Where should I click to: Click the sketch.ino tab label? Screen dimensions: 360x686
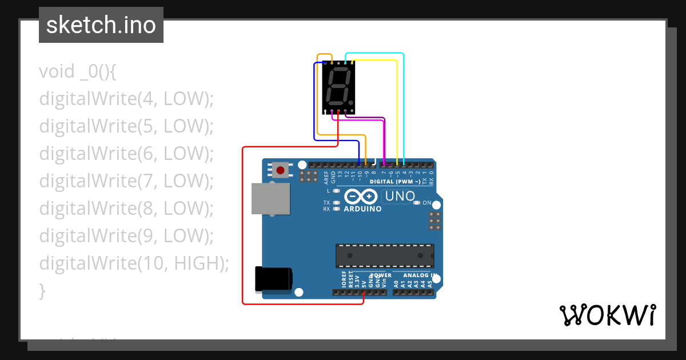(101, 25)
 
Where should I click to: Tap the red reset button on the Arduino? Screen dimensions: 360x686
(280, 170)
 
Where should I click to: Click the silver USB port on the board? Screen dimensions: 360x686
(270, 198)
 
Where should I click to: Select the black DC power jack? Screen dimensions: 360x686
(274, 279)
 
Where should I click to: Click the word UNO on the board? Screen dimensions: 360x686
(400, 196)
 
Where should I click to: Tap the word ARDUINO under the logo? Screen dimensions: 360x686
(362, 209)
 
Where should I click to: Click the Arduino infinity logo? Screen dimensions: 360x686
(361, 197)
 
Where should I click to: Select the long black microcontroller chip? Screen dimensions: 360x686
(384, 255)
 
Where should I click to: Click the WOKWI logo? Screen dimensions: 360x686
(607, 315)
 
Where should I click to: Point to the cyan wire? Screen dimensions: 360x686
(404, 103)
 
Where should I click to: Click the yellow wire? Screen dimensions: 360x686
(397, 109)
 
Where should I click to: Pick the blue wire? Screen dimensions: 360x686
(314, 103)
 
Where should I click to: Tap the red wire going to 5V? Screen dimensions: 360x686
(243, 229)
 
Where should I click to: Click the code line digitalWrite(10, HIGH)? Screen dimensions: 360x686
(134, 263)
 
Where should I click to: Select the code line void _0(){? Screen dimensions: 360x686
(78, 71)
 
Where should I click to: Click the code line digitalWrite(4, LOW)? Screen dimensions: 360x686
(126, 99)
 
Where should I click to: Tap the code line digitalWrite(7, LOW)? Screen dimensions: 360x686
(126, 181)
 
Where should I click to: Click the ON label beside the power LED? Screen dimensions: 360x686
(426, 203)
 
